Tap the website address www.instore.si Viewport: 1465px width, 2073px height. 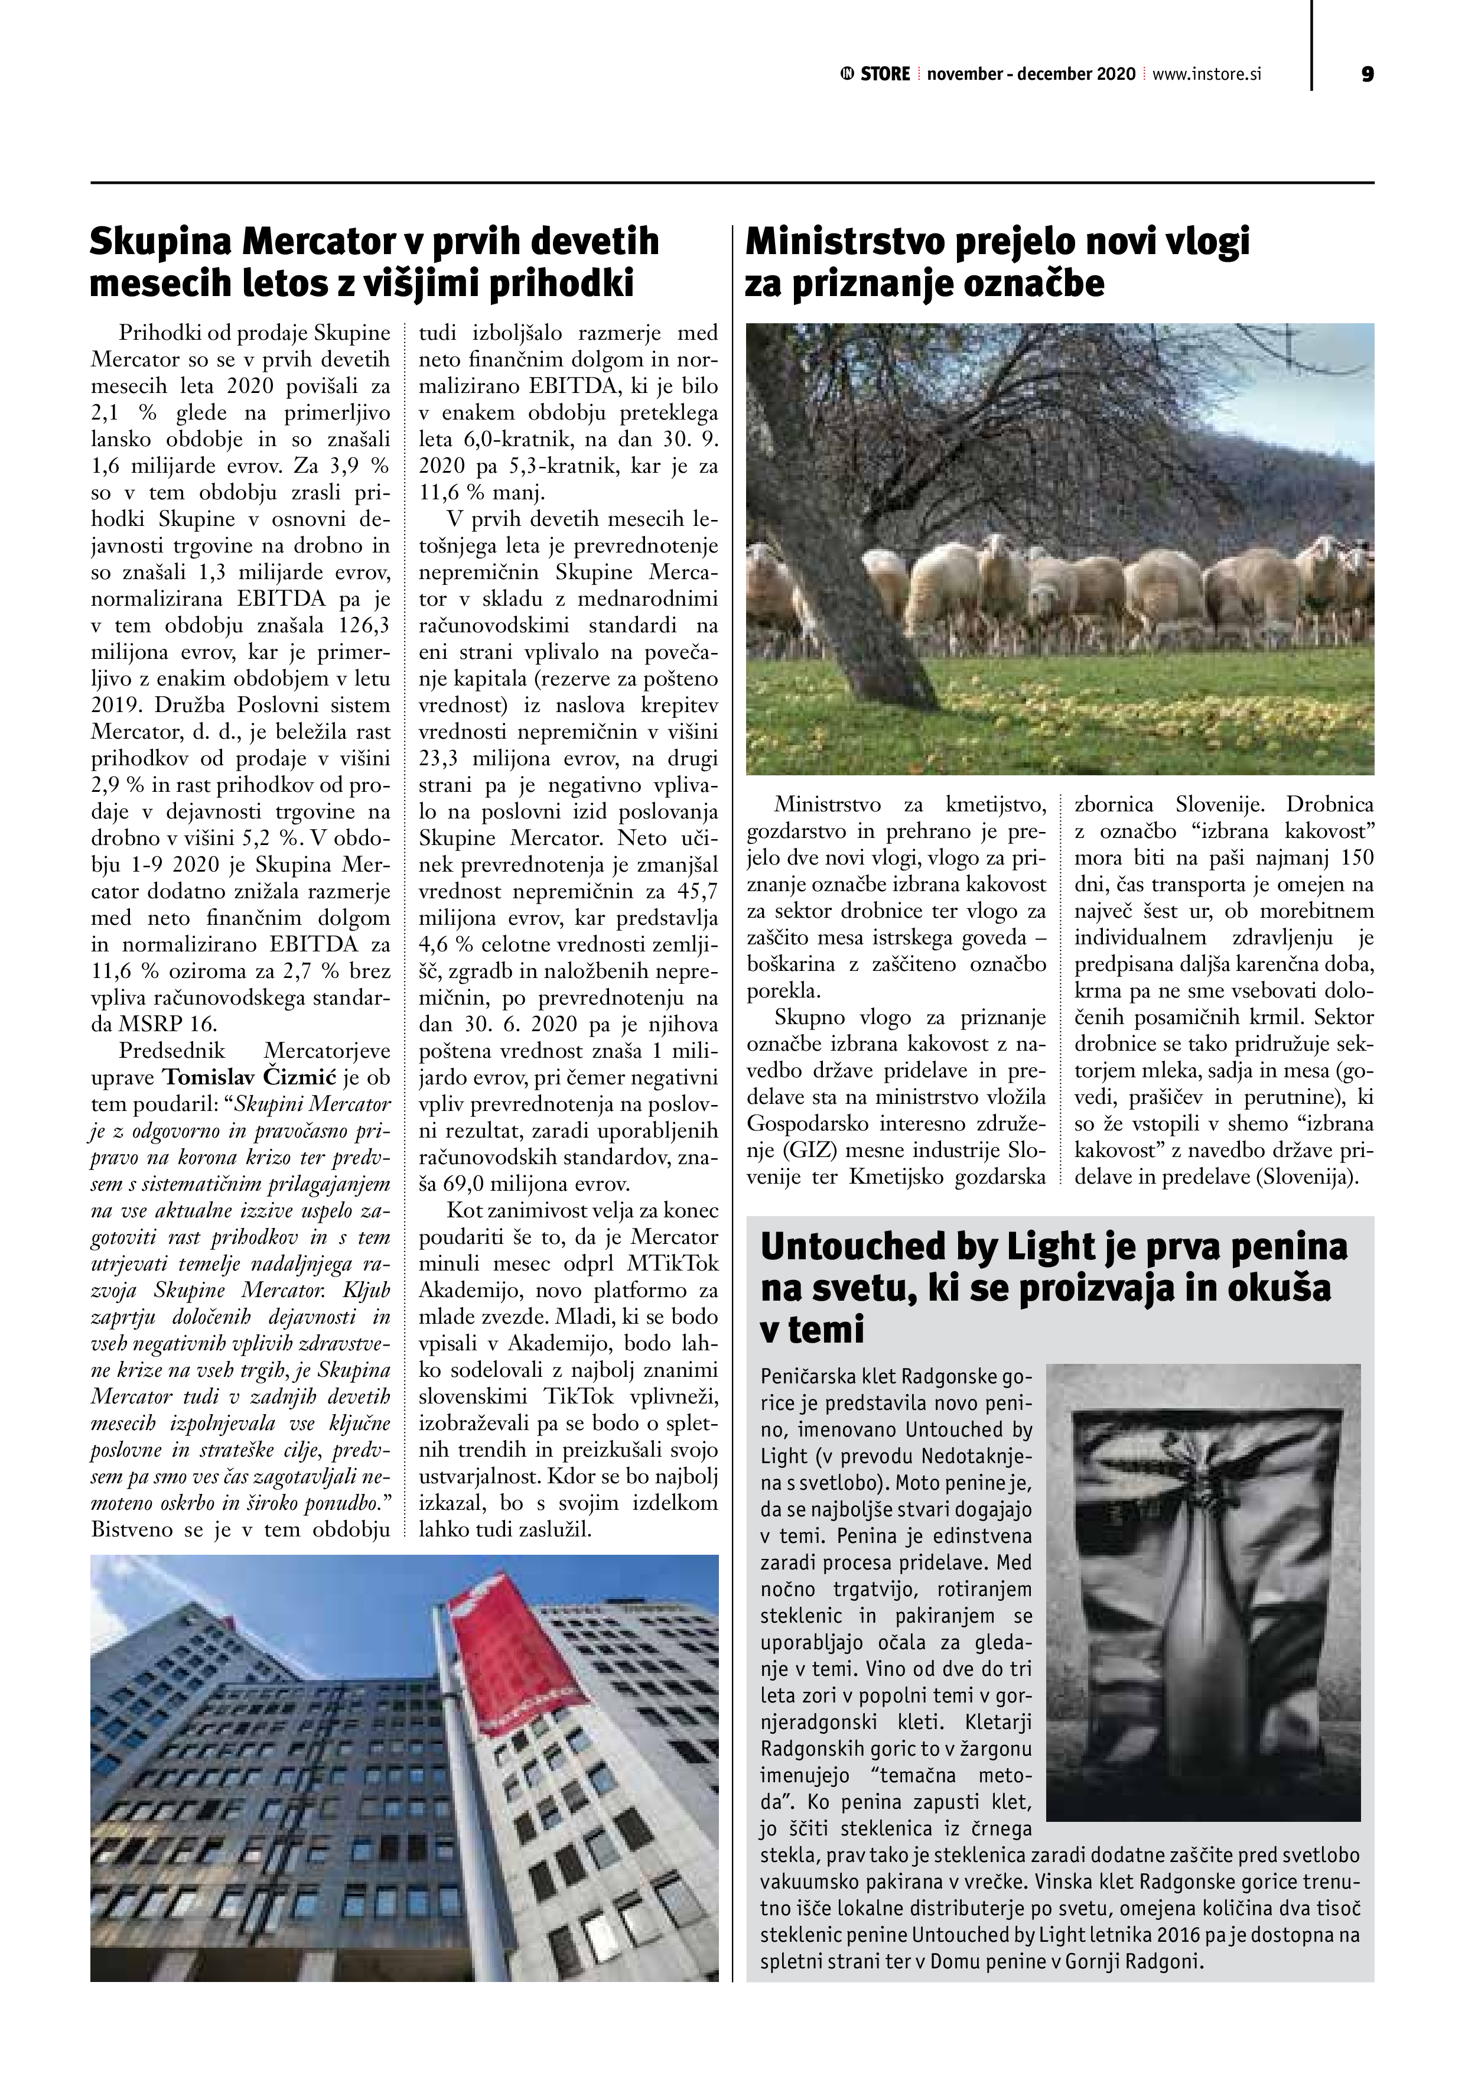[x=1206, y=74]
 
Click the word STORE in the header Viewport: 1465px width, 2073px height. [x=884, y=74]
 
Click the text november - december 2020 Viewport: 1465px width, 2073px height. [x=1031, y=74]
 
